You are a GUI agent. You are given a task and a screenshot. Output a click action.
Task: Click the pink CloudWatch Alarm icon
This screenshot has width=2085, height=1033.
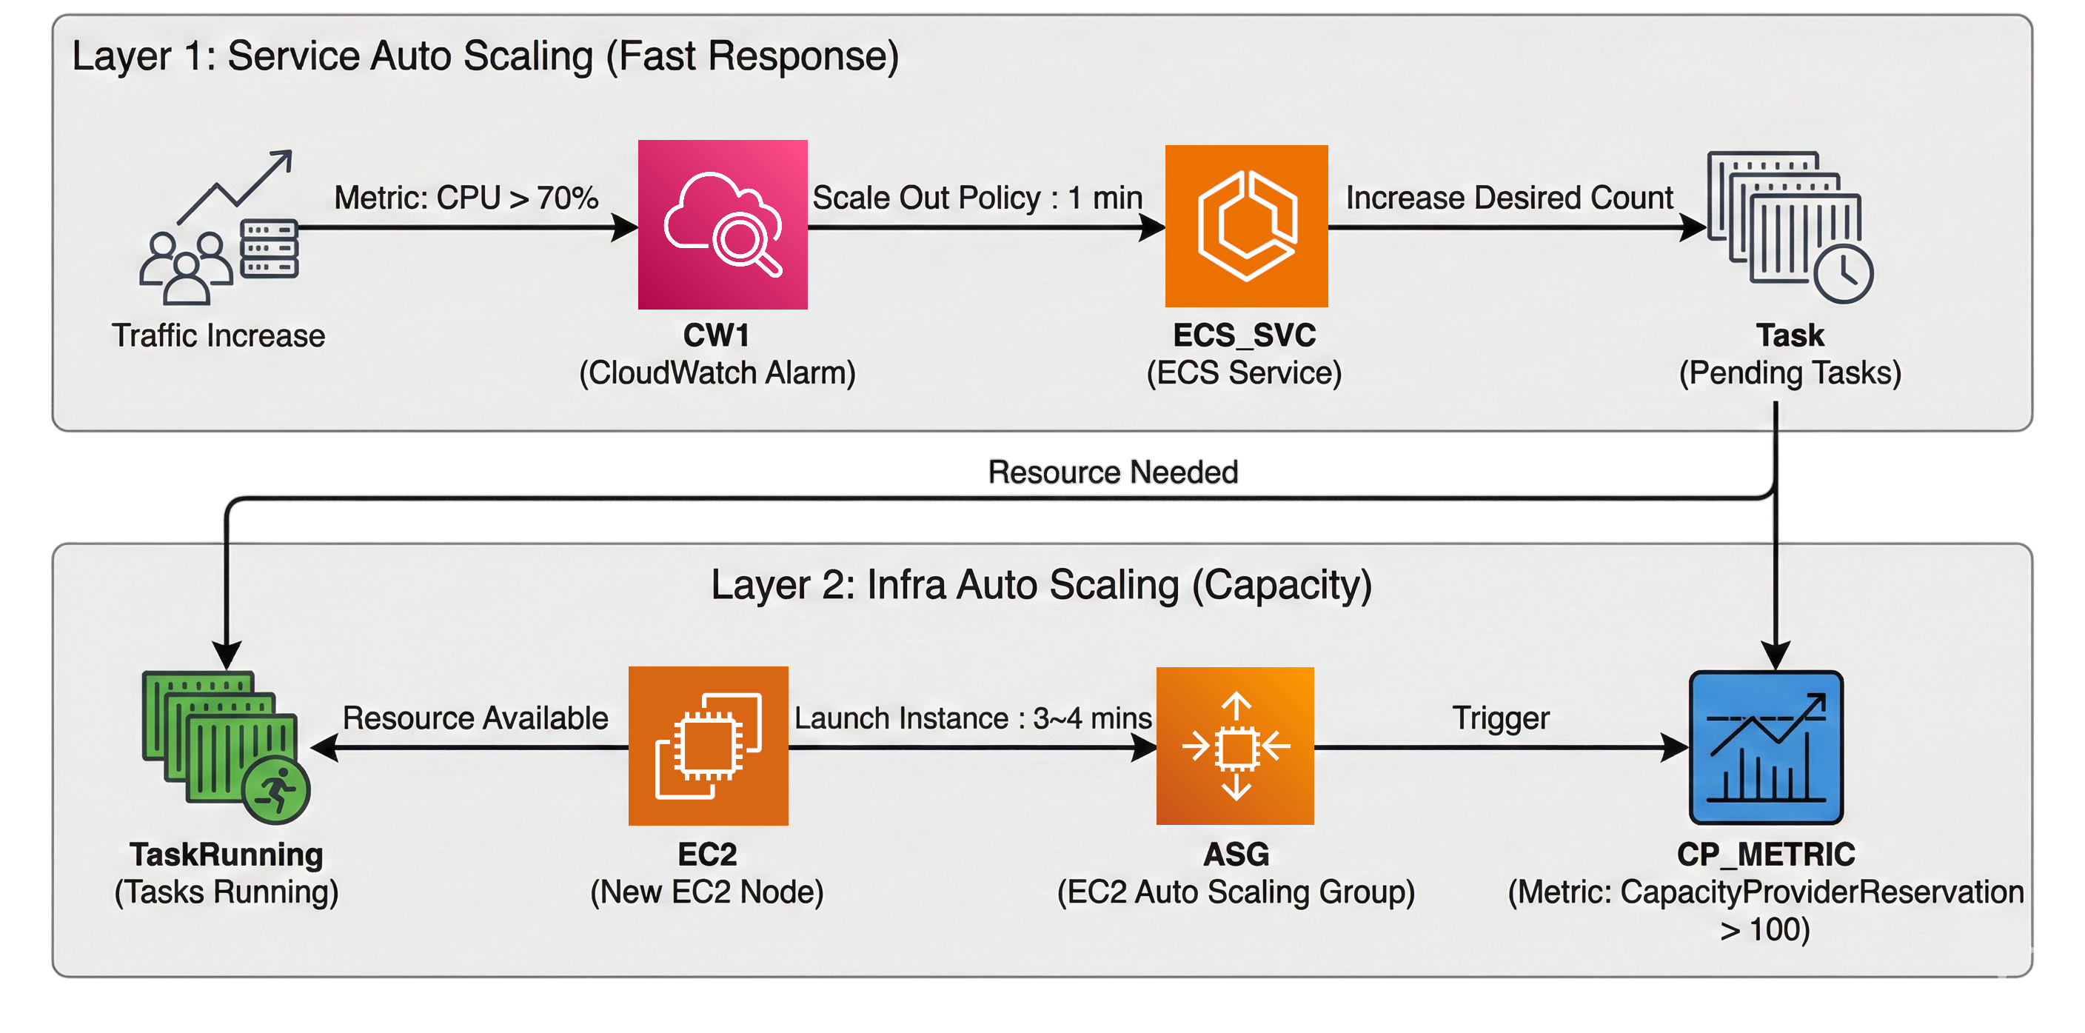[x=722, y=224]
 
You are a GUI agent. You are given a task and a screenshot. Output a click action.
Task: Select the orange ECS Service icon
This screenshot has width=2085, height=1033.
[x=1245, y=226]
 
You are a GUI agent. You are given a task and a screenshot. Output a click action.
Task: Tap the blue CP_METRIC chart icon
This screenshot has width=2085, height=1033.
[x=1765, y=746]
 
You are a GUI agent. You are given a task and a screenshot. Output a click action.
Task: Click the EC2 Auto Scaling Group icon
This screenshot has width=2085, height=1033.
[x=1234, y=746]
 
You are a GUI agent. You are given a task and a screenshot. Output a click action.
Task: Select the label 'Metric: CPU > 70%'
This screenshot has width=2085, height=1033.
[x=466, y=198]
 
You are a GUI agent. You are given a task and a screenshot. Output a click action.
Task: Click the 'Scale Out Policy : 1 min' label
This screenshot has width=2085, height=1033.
[x=977, y=198]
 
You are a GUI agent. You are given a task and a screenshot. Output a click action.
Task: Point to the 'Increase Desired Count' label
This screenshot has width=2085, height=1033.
[x=1509, y=198]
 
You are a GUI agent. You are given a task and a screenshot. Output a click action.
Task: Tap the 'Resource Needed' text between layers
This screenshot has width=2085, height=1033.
[x=1113, y=472]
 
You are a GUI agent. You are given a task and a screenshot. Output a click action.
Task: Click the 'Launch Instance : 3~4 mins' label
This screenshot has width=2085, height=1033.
[x=972, y=718]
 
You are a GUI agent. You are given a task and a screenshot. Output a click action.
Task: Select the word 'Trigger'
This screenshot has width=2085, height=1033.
[x=1500, y=718]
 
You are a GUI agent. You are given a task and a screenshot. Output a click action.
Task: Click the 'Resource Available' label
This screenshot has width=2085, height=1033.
[x=475, y=718]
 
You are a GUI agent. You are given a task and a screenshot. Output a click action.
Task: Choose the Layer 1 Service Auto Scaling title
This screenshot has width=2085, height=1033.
[x=485, y=57]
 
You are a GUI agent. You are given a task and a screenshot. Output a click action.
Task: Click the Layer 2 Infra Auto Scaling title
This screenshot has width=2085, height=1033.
[x=1041, y=584]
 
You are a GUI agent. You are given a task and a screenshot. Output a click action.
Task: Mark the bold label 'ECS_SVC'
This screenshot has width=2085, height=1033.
[x=1244, y=335]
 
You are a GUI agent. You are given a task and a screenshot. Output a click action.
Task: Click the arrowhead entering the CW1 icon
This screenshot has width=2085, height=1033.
[x=624, y=227]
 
